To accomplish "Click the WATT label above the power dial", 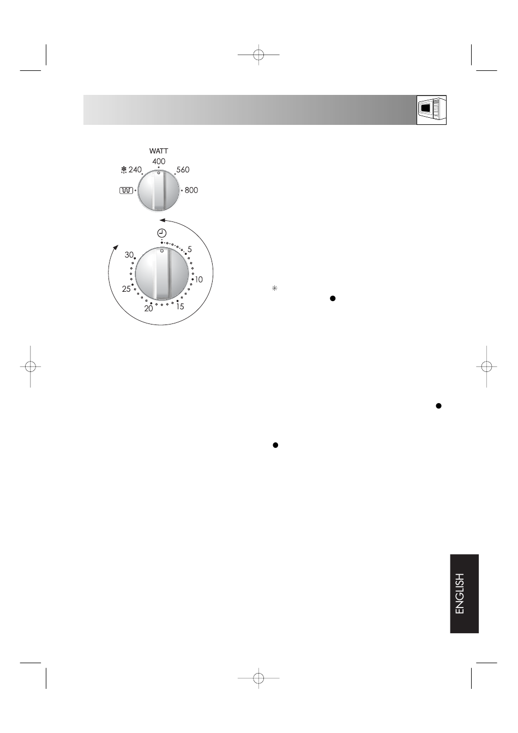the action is [x=159, y=151].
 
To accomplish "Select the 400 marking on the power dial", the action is [x=159, y=161].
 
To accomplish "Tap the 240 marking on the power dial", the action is [x=135, y=170].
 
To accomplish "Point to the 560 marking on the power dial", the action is [x=183, y=170].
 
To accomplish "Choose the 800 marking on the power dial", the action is [x=191, y=190].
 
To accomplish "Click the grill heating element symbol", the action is [x=127, y=190].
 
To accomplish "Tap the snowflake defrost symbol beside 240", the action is [x=124, y=170].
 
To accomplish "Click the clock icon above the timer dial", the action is [x=162, y=233].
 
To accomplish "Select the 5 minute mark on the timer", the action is [x=189, y=249].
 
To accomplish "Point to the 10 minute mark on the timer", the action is [x=199, y=279].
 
